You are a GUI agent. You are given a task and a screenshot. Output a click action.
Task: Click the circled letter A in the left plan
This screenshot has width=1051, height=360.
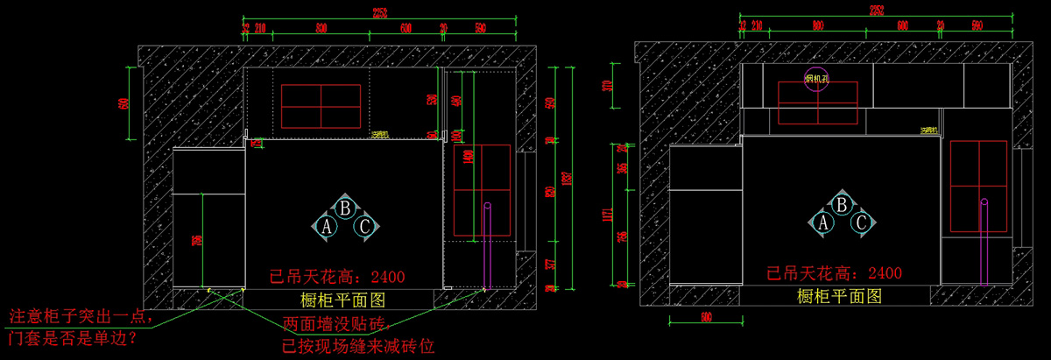coord(328,226)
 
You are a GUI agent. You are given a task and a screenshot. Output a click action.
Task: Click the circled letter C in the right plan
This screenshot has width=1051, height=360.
coord(862,223)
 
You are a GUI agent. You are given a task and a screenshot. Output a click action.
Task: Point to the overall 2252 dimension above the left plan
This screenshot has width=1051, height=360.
coord(379,13)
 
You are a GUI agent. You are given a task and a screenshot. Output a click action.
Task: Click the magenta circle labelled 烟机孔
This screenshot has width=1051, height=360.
coord(816,80)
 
